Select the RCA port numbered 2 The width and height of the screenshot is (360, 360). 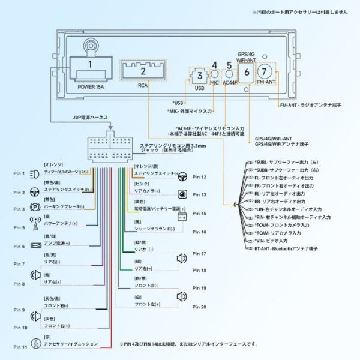143,71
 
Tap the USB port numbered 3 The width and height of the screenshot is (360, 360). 199,77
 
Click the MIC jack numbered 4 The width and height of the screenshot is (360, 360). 214,74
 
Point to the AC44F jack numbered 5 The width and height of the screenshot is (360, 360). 229,74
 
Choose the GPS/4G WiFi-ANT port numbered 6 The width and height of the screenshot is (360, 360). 247,73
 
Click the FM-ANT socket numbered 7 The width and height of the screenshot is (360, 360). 266,72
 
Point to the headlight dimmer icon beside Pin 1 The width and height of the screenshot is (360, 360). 34,174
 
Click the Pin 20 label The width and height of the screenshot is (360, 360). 199,307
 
